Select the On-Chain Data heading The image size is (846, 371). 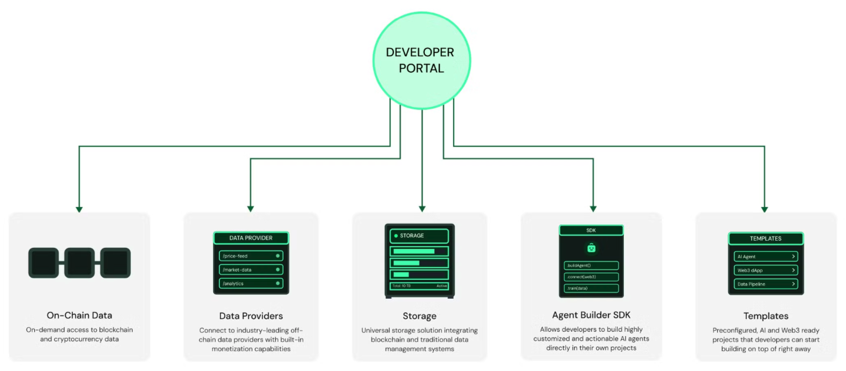(x=80, y=316)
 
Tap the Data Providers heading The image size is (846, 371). (x=251, y=316)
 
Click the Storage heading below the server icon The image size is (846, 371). (x=419, y=316)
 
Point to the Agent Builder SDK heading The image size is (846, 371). (x=591, y=315)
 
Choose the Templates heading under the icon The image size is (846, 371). (x=765, y=316)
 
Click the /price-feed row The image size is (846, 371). (x=251, y=256)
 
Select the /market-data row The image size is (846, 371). (x=251, y=270)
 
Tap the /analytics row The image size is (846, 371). (x=251, y=284)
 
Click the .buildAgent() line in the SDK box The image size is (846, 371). (x=591, y=266)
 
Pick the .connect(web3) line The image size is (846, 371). (x=591, y=277)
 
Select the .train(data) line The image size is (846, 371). (x=591, y=288)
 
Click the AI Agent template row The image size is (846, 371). (x=765, y=257)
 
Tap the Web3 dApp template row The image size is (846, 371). (x=765, y=271)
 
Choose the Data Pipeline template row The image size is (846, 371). (x=765, y=284)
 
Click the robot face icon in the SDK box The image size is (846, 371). (x=591, y=248)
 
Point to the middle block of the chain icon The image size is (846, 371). (x=80, y=263)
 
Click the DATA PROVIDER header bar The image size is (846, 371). (x=251, y=238)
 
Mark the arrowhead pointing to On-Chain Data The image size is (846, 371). (x=79, y=209)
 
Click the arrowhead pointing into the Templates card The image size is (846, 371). (x=765, y=209)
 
